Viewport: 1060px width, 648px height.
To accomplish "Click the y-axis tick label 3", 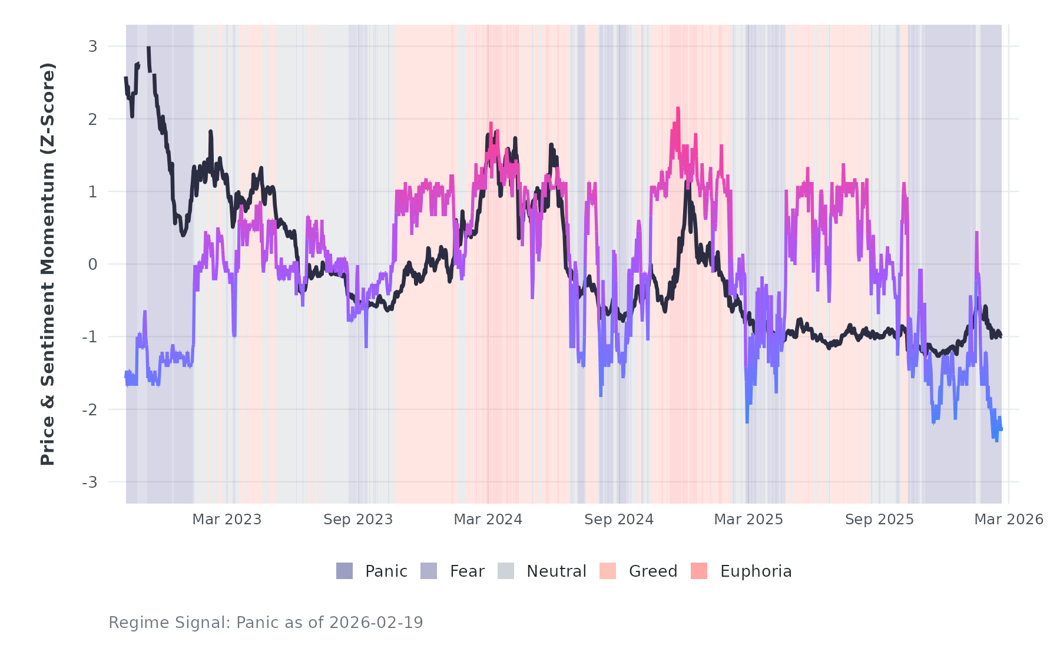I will pyautogui.click(x=92, y=47).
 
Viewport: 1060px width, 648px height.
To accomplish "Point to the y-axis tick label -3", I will pyautogui.click(x=90, y=482).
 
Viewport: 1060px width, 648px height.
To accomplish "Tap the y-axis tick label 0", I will pyautogui.click(x=92, y=265).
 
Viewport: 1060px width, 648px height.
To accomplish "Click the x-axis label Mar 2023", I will pyautogui.click(x=227, y=520).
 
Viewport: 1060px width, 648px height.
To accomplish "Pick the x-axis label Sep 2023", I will pyautogui.click(x=358, y=520).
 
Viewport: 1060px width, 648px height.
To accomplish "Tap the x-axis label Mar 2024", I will pyautogui.click(x=488, y=520).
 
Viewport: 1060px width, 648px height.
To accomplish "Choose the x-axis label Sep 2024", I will pyautogui.click(x=619, y=520).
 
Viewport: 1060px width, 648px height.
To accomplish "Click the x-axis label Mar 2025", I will pyautogui.click(x=748, y=520).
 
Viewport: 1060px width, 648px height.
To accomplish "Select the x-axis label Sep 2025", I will pyautogui.click(x=879, y=520).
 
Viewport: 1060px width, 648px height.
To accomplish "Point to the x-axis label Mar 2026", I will pyautogui.click(x=1009, y=520).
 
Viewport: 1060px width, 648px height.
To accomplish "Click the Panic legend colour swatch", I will pyautogui.click(x=344, y=571).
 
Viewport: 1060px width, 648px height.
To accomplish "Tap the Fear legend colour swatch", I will pyautogui.click(x=429, y=571).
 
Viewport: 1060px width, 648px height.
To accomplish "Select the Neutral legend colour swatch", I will pyautogui.click(x=506, y=571).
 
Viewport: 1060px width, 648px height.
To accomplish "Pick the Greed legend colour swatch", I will pyautogui.click(x=608, y=571).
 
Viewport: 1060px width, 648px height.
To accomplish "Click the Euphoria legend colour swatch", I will pyautogui.click(x=699, y=571).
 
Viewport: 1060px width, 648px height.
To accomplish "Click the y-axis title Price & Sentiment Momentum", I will pyautogui.click(x=48, y=264).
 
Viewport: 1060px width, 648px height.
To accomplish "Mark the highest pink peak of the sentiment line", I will pyautogui.click(x=678, y=109).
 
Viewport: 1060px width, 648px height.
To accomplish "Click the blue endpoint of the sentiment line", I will pyautogui.click(x=1001, y=429).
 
